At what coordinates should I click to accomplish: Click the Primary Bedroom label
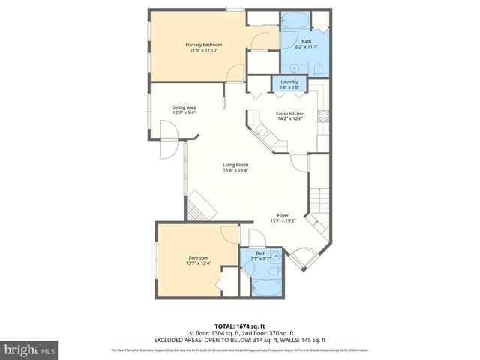(200, 45)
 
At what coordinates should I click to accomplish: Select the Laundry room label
(289, 82)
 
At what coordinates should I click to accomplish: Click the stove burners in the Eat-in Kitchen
(324, 116)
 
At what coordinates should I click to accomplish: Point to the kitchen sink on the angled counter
(263, 133)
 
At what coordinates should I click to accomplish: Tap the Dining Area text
(184, 107)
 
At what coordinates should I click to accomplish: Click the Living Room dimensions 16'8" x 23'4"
(235, 171)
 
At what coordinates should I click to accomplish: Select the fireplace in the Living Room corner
(201, 203)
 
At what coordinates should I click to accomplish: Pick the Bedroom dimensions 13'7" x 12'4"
(199, 262)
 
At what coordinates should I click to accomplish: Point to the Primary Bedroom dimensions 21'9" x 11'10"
(200, 51)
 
